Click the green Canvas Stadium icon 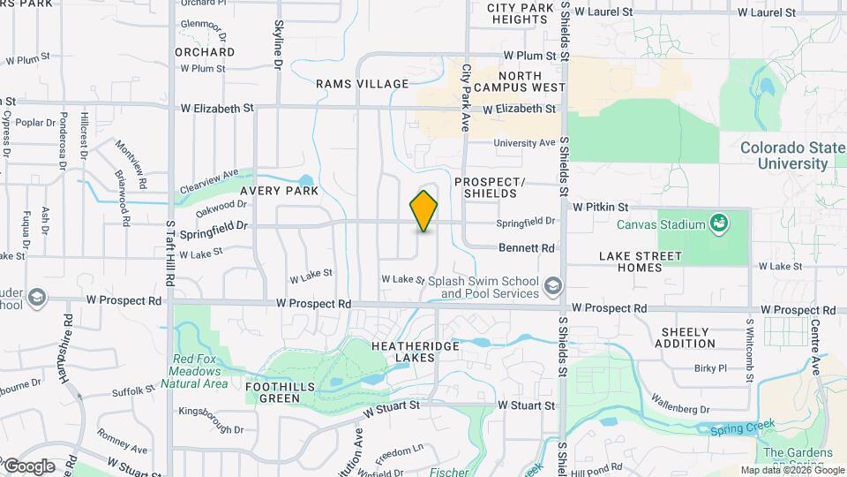720,223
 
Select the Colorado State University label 783,155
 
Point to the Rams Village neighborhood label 363,84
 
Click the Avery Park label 284,191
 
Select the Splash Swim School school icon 552,285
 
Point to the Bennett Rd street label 526,248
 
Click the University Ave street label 524,142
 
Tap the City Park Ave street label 467,98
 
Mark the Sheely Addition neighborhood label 685,337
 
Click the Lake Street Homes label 640,262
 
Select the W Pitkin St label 600,206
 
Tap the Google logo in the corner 28,466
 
